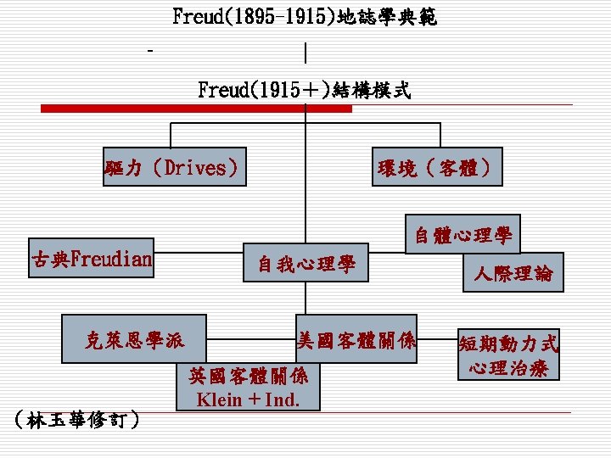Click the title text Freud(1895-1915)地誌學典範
(305, 17)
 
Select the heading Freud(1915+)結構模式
(305, 89)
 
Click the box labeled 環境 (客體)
(439, 168)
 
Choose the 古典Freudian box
(92, 258)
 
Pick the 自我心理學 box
(306, 265)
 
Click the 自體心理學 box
(463, 235)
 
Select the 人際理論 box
(513, 272)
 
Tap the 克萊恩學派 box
(134, 340)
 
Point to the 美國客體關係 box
(356, 340)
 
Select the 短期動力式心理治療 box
(508, 355)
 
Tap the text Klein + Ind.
(248, 399)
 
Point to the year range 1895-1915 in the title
(277, 17)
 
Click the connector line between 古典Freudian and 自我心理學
(199, 253)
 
